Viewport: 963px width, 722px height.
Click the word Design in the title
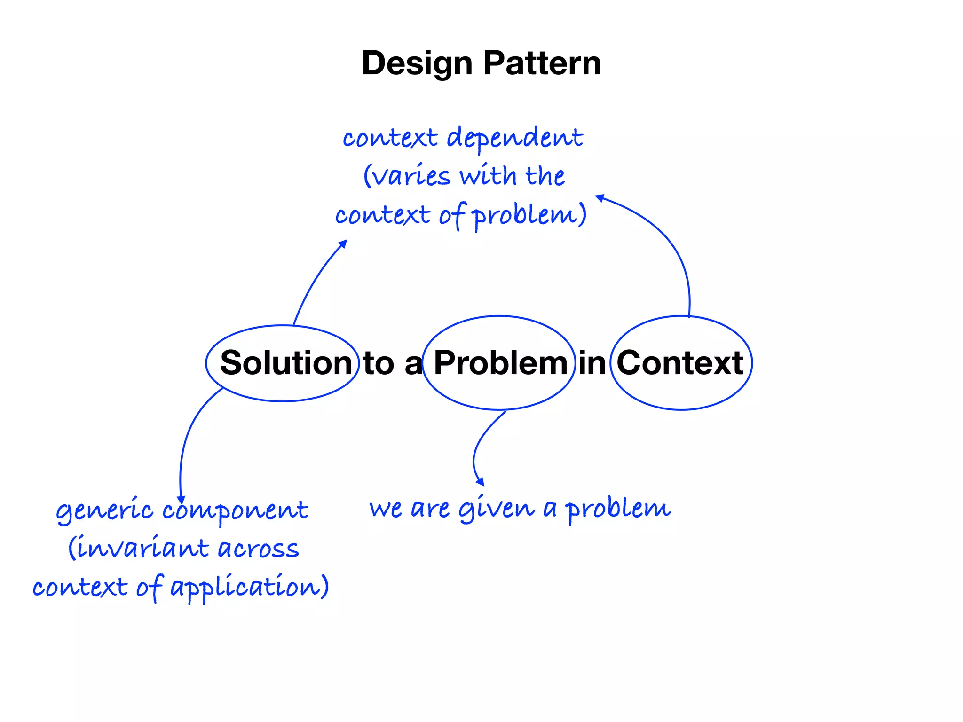pyautogui.click(x=417, y=63)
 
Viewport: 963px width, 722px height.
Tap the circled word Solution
pyautogui.click(x=286, y=363)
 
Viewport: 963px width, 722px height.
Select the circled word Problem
pyautogui.click(x=500, y=363)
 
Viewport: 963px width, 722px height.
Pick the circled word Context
pyautogui.click(x=679, y=363)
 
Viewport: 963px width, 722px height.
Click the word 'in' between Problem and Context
pyautogui.click(x=592, y=363)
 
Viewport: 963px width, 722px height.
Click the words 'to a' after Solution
pyautogui.click(x=393, y=363)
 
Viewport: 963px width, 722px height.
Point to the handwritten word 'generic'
pyautogui.click(x=104, y=511)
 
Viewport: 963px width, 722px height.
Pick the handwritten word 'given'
pyautogui.click(x=497, y=509)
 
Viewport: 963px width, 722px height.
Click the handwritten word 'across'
pyautogui.click(x=258, y=549)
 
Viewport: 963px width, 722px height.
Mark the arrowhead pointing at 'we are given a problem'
pyautogui.click(x=480, y=482)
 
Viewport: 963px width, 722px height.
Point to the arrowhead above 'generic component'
pyautogui.click(x=181, y=500)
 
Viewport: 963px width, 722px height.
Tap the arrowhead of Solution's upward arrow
pyautogui.click(x=343, y=243)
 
